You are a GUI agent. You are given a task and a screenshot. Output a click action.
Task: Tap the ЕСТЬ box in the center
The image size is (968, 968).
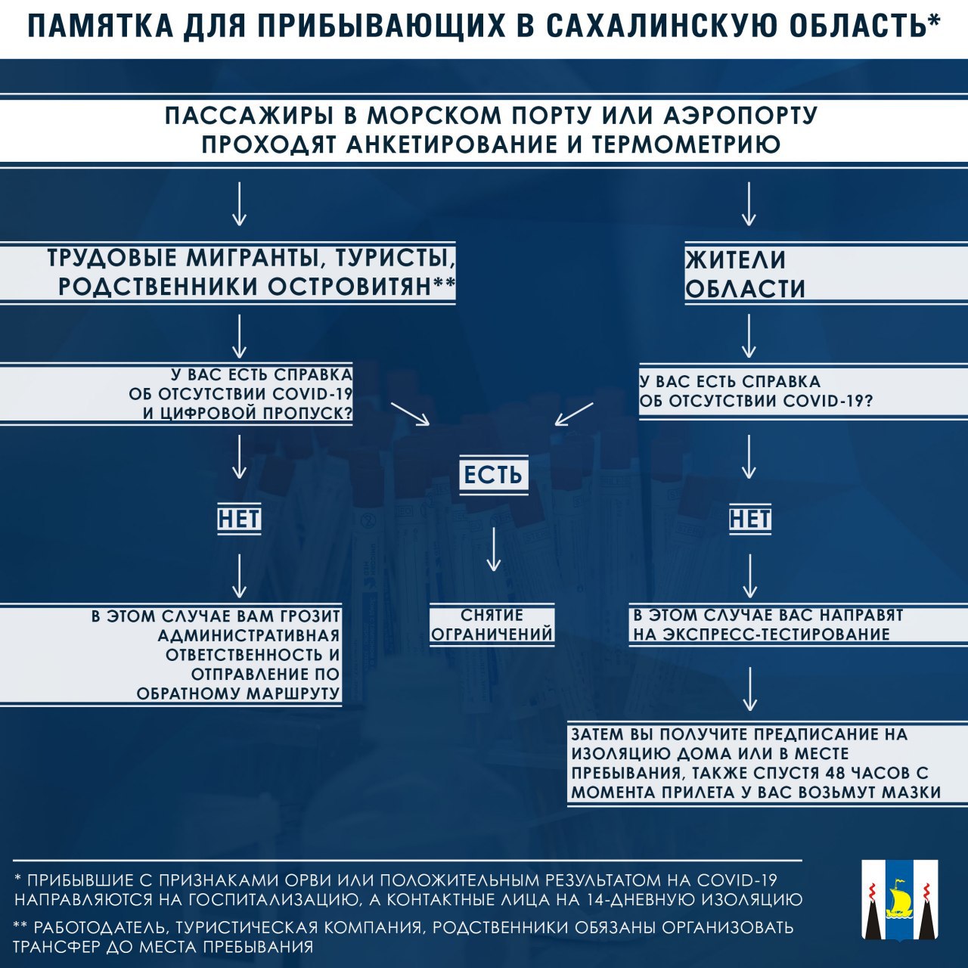(493, 473)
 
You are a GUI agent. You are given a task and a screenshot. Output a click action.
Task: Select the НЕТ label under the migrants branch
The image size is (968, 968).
(239, 519)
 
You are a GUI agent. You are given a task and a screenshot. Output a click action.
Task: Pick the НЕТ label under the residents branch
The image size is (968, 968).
(750, 519)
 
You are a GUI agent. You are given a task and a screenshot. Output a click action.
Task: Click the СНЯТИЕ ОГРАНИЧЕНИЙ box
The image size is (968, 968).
(492, 625)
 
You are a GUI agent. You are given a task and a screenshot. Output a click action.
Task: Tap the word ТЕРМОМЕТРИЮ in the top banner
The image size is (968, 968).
(684, 144)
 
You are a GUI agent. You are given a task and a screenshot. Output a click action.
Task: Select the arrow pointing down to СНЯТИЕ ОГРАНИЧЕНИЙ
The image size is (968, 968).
(494, 548)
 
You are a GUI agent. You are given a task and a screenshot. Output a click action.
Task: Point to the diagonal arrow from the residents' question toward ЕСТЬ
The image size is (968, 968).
(574, 414)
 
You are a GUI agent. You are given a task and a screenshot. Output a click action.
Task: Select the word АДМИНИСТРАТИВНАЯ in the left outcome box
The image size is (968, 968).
(249, 635)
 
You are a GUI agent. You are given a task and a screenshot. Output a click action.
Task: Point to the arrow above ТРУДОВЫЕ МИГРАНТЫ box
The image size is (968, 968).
(239, 203)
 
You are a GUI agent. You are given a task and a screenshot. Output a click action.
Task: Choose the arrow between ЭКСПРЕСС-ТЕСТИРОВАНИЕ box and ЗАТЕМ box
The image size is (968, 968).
(750, 689)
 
